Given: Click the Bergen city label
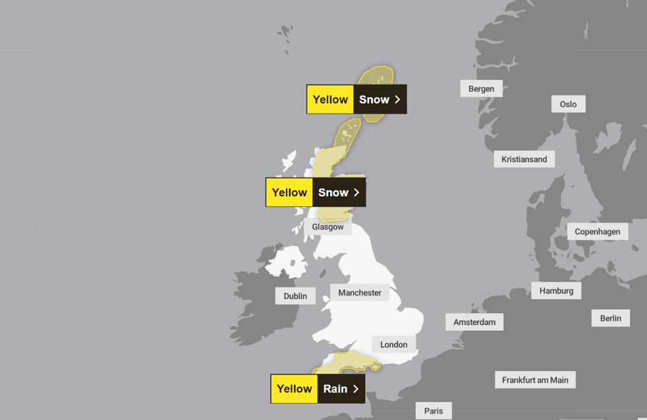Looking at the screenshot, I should [481, 89].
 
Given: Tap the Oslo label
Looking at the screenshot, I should [568, 104].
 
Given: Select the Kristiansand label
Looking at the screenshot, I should [524, 159].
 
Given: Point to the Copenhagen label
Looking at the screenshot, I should [597, 231].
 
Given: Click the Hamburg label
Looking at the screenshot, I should [556, 291].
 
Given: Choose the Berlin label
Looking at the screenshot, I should [610, 318].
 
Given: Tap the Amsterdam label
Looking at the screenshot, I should [474, 322].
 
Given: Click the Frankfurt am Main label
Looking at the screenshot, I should [535, 380].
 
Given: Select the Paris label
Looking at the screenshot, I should [433, 411].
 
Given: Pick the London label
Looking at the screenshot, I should [393, 344].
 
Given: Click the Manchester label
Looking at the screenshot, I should [360, 293].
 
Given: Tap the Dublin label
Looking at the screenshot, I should [295, 296].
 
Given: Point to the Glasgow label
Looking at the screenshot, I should [327, 227].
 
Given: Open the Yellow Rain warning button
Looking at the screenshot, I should [318, 389].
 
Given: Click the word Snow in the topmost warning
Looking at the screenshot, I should [374, 100].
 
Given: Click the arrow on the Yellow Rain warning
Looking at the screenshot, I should [356, 389].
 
